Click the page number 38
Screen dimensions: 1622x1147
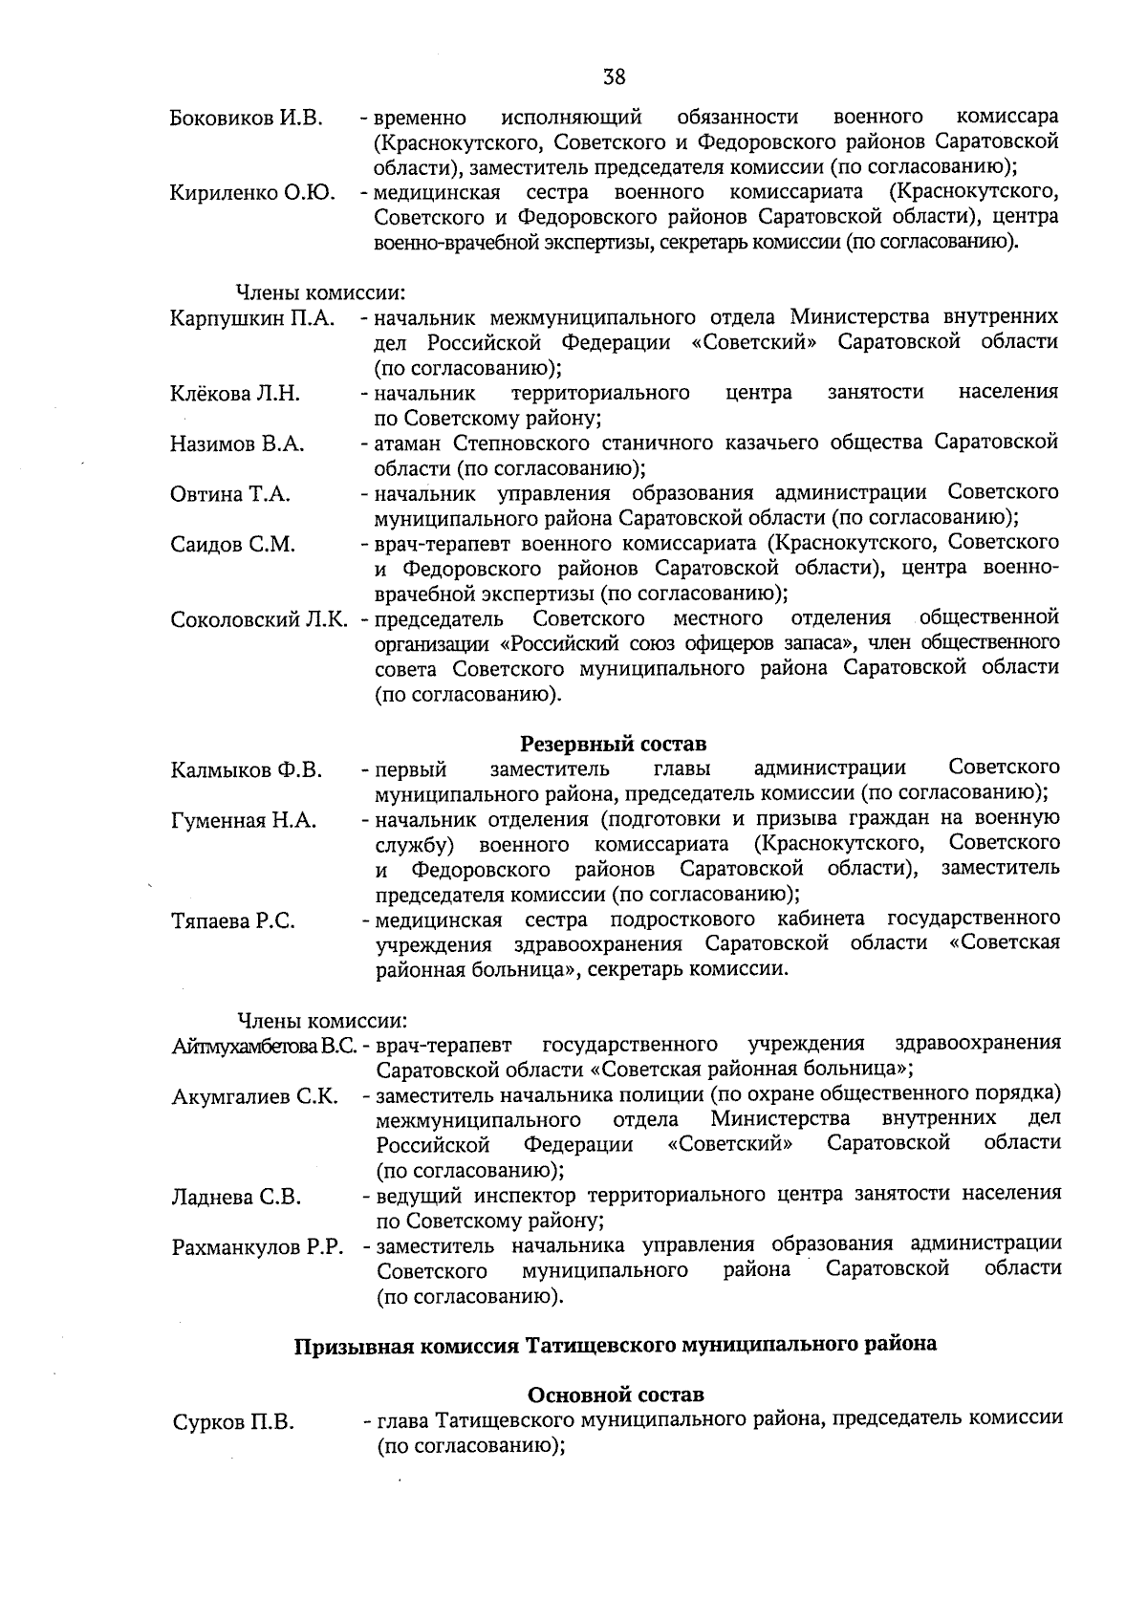point(614,76)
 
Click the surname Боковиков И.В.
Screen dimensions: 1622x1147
point(247,119)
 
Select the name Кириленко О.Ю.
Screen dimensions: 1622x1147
point(252,194)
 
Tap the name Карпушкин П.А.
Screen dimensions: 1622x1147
point(252,318)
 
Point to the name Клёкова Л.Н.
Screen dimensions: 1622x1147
point(235,394)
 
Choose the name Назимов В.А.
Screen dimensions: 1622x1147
point(237,444)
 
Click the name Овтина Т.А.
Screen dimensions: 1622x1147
point(230,495)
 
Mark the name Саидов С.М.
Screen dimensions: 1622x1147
point(233,546)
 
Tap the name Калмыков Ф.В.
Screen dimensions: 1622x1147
point(247,770)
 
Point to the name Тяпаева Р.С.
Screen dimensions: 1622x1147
point(233,921)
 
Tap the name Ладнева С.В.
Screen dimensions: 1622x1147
point(236,1198)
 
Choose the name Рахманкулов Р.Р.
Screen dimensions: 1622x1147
point(257,1248)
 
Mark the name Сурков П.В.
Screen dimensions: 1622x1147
point(232,1423)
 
